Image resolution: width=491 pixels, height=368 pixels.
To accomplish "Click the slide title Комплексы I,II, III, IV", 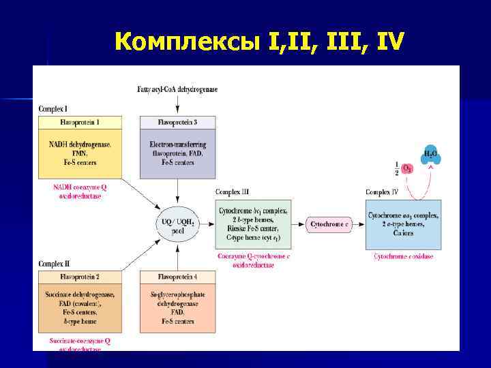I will pyautogui.click(x=260, y=42).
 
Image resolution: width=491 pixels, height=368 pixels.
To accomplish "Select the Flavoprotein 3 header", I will pyautogui.click(x=177, y=123).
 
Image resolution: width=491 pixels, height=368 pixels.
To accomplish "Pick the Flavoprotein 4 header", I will pyautogui.click(x=177, y=277).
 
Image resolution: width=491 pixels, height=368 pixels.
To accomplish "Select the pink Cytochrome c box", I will pyautogui.click(x=329, y=224).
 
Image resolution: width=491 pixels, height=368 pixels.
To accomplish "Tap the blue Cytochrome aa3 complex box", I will pyautogui.click(x=403, y=224).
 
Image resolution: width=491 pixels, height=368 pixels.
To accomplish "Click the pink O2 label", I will pyautogui.click(x=406, y=168).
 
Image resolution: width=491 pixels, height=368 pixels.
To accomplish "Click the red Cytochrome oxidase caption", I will pyautogui.click(x=403, y=256).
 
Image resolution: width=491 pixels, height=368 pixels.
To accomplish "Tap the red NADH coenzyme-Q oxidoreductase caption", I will pyautogui.click(x=78, y=191).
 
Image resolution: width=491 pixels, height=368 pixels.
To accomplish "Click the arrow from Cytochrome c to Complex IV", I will pyautogui.click(x=359, y=224).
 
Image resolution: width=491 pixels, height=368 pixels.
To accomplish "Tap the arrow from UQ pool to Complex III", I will pyautogui.click(x=207, y=224).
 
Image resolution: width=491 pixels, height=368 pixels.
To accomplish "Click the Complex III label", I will pyautogui.click(x=233, y=193).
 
